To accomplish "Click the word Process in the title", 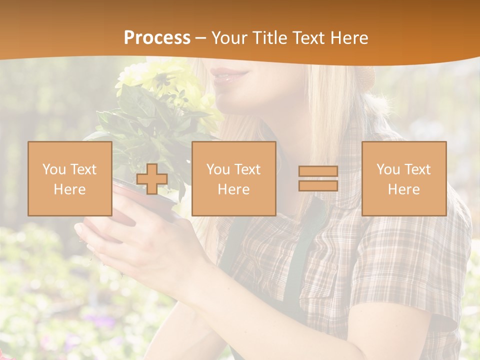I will [x=157, y=38].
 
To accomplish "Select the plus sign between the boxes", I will [x=152, y=179].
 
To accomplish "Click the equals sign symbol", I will [x=318, y=178].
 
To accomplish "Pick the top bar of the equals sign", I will [x=318, y=171].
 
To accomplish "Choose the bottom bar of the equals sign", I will [x=318, y=185].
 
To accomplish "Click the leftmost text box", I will [x=70, y=179].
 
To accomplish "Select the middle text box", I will [x=234, y=179].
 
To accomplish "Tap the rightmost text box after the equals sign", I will [x=404, y=179].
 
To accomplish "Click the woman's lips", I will [x=229, y=75].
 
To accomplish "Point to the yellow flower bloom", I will [x=150, y=80].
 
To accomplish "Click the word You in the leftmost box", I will [x=53, y=169].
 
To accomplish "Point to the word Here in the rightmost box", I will [x=404, y=189].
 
